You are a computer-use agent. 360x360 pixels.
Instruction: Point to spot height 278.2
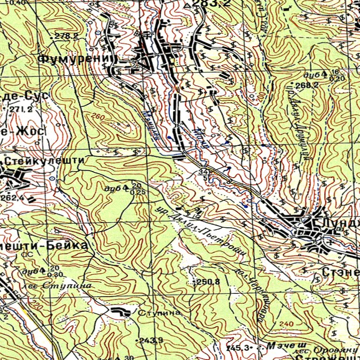point(66,36)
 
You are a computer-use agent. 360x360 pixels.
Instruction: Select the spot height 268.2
point(307,85)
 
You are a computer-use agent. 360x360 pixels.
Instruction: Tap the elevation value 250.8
point(209,282)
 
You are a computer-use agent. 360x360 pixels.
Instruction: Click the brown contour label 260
point(97,117)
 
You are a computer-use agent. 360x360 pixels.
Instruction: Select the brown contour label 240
point(286,324)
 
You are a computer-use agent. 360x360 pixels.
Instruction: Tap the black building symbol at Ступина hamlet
point(121,311)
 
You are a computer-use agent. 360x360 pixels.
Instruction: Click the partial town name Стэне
point(340,271)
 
